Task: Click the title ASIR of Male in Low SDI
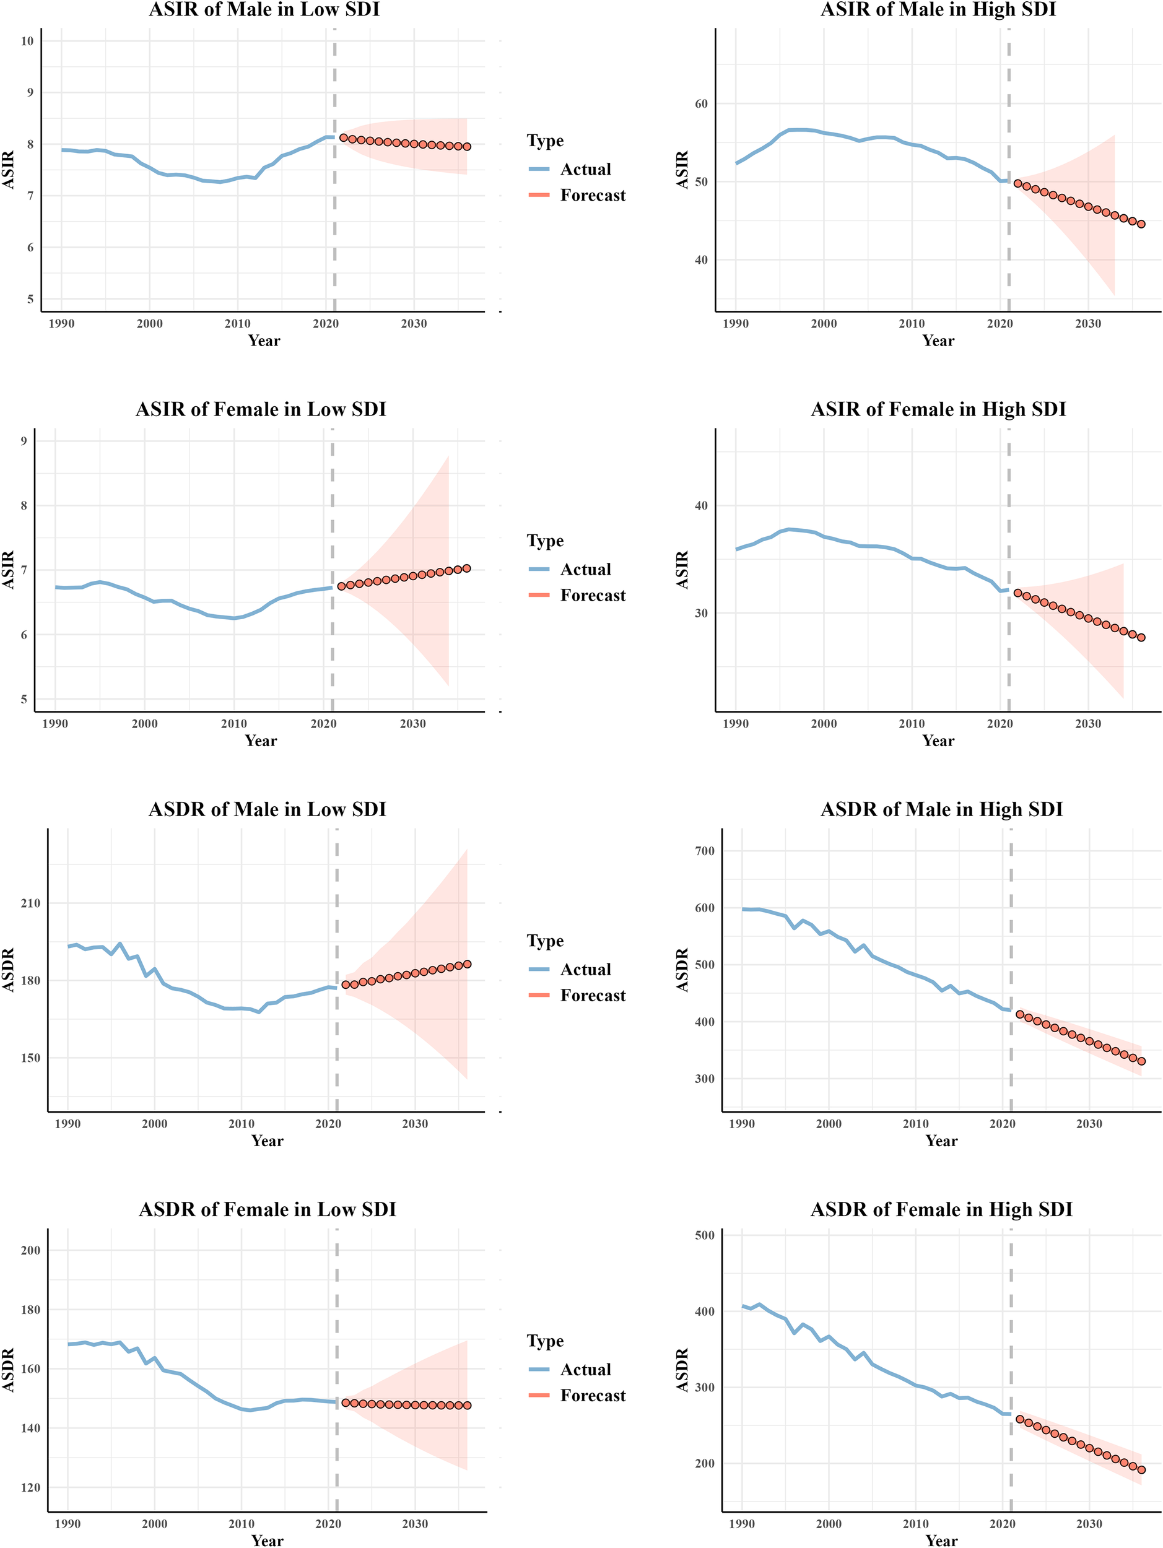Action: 264,9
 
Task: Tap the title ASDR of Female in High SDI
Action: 941,1209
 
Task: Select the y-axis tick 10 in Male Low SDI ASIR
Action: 27,41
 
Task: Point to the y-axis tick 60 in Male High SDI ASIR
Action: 701,103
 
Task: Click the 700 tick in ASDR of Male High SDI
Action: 705,851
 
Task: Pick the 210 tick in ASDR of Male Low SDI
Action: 30,903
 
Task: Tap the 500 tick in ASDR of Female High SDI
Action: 705,1235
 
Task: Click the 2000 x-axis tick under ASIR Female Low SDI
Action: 145,724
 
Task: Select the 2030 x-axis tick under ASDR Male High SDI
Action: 1089,1124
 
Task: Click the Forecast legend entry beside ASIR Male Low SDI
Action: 592,195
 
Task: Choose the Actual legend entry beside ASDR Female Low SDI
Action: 585,1370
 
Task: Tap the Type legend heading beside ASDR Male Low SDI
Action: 545,941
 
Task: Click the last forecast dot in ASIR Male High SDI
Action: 1141,224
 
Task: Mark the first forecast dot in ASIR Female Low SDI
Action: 341,586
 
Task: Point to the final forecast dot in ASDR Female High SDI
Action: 1141,1469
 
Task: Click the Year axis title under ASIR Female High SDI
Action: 938,741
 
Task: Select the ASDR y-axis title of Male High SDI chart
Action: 683,970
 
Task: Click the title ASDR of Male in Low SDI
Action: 267,809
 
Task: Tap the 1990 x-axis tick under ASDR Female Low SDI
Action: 67,1523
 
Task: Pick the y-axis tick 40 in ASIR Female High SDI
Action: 701,505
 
